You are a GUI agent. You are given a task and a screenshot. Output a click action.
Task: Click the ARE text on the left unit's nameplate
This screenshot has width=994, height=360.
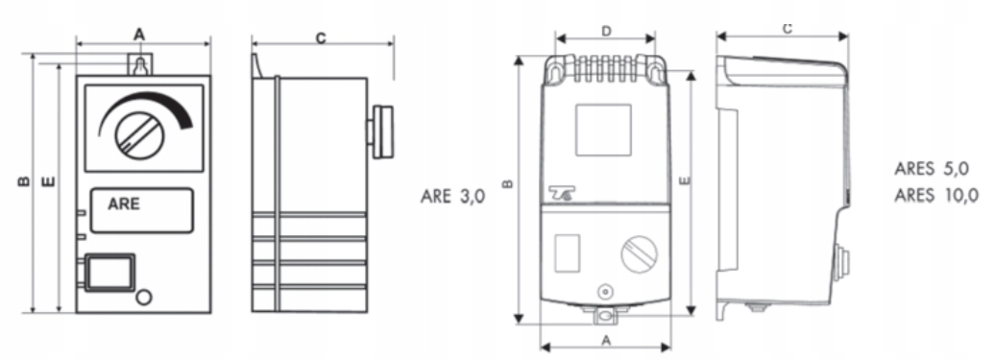124,204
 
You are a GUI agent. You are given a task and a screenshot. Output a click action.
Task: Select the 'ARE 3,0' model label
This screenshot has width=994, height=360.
452,197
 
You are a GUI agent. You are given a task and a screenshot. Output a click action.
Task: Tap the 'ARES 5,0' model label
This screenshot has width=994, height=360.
932,169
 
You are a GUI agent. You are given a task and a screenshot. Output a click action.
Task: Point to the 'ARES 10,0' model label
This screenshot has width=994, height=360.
936,195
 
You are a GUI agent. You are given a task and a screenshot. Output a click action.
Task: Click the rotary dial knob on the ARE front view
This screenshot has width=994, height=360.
139,135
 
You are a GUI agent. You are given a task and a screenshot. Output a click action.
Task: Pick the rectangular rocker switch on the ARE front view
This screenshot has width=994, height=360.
109,273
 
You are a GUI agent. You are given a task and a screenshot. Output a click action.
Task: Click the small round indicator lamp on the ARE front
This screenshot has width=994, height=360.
144,297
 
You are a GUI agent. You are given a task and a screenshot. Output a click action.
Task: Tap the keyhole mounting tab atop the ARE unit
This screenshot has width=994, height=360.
141,64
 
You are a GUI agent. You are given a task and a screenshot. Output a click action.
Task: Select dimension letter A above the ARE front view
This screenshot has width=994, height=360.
139,35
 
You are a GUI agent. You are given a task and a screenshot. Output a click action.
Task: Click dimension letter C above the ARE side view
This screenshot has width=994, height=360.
321,38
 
